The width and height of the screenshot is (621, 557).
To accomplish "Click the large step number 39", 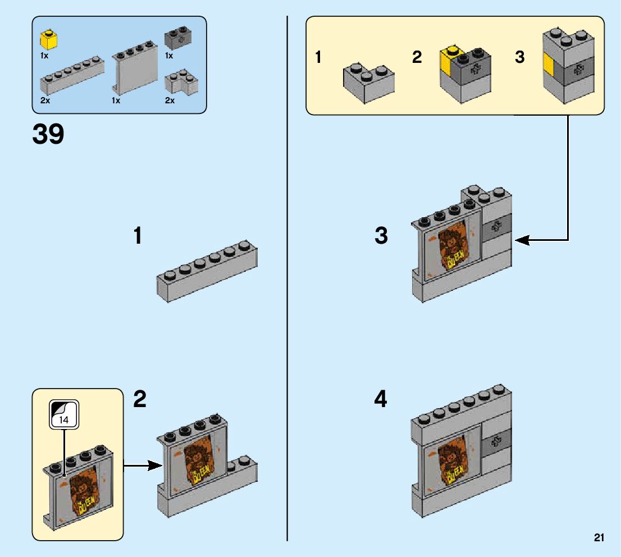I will tap(48, 135).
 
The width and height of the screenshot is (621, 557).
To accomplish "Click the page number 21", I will tap(599, 538).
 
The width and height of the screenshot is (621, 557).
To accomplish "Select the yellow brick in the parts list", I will tap(49, 40).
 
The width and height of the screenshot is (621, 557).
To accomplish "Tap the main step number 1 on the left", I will tap(137, 236).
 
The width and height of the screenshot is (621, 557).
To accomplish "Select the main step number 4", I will tap(380, 400).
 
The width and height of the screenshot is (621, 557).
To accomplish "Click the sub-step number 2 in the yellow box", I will tap(417, 57).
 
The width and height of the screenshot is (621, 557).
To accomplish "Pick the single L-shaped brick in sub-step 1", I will tap(368, 82).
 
